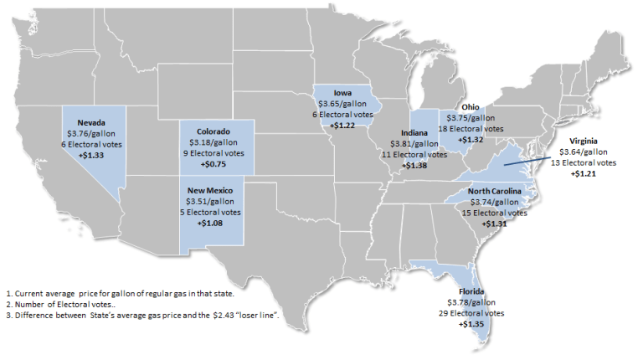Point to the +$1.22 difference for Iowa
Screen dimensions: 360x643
[344, 124]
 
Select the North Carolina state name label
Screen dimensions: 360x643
[494, 192]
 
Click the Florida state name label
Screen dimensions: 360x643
[478, 291]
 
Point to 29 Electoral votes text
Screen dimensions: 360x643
[477, 312]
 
